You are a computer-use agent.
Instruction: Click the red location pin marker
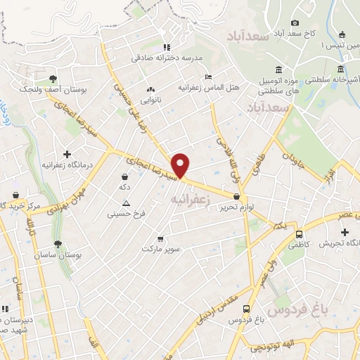tap(181, 165)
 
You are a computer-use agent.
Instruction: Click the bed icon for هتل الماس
tap(207, 77)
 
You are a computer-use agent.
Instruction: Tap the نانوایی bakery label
tap(150, 100)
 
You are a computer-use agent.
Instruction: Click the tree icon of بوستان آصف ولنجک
tap(53, 79)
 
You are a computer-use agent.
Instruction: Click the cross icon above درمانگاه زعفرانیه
tap(67, 154)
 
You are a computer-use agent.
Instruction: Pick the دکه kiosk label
tap(125, 186)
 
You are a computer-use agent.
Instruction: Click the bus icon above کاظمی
tap(300, 233)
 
